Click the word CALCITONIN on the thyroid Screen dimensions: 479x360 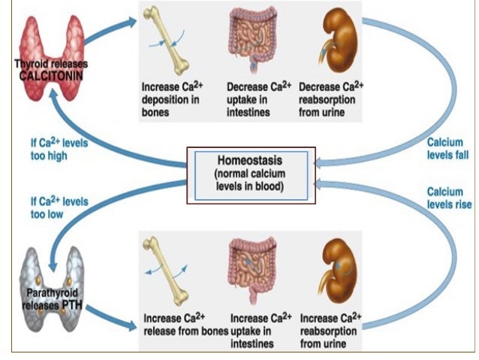pos(51,76)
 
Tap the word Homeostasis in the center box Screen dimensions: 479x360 pos(249,160)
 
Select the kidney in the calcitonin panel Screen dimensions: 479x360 pos(339,40)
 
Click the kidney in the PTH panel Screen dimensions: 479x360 pos(338,271)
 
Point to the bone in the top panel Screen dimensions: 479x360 pos(166,41)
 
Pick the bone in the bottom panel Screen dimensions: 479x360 pos(166,271)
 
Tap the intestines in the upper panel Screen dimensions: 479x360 pos(253,39)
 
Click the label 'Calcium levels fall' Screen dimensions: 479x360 pos(447,149)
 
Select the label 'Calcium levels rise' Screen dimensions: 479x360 pos(450,198)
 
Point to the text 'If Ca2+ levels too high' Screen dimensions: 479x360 pos(59,149)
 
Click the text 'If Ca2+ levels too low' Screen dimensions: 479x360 pos(59,207)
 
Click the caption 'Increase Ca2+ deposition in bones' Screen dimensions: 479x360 pos(172,99)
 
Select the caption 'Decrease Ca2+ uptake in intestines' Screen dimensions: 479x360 pos(259,99)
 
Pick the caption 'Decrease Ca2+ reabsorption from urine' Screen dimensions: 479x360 pos(331,99)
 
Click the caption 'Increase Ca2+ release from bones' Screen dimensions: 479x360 pos(186,325)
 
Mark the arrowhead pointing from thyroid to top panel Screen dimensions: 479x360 pos(132,22)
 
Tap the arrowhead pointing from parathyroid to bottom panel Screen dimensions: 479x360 pos(132,325)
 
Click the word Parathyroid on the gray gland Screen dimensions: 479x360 pos(52,293)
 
